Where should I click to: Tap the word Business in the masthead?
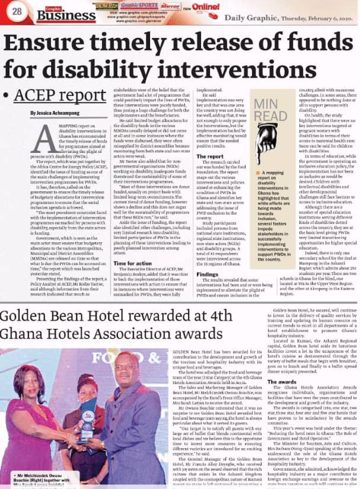click(56, 16)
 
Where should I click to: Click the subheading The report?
click(210, 156)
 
